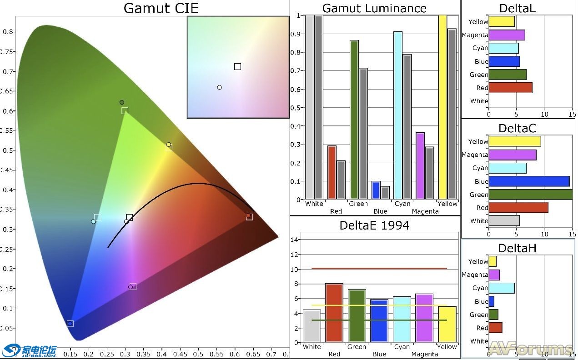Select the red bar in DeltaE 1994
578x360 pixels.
point(334,313)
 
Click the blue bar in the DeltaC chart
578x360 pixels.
point(529,181)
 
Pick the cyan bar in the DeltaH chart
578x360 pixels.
point(502,288)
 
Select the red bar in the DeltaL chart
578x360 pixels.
point(510,88)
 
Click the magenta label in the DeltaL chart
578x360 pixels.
point(475,35)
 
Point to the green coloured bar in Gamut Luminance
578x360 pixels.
point(354,120)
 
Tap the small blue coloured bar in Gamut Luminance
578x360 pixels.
point(376,190)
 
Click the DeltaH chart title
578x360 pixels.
point(517,248)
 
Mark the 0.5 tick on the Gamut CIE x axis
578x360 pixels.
point(198,354)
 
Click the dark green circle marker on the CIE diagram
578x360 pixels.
point(122,102)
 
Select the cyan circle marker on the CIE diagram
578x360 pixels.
point(93,222)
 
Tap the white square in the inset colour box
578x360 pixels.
point(237,67)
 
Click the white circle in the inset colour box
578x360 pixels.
point(220,87)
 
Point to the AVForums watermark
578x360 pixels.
point(530,349)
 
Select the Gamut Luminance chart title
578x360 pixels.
point(374,8)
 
